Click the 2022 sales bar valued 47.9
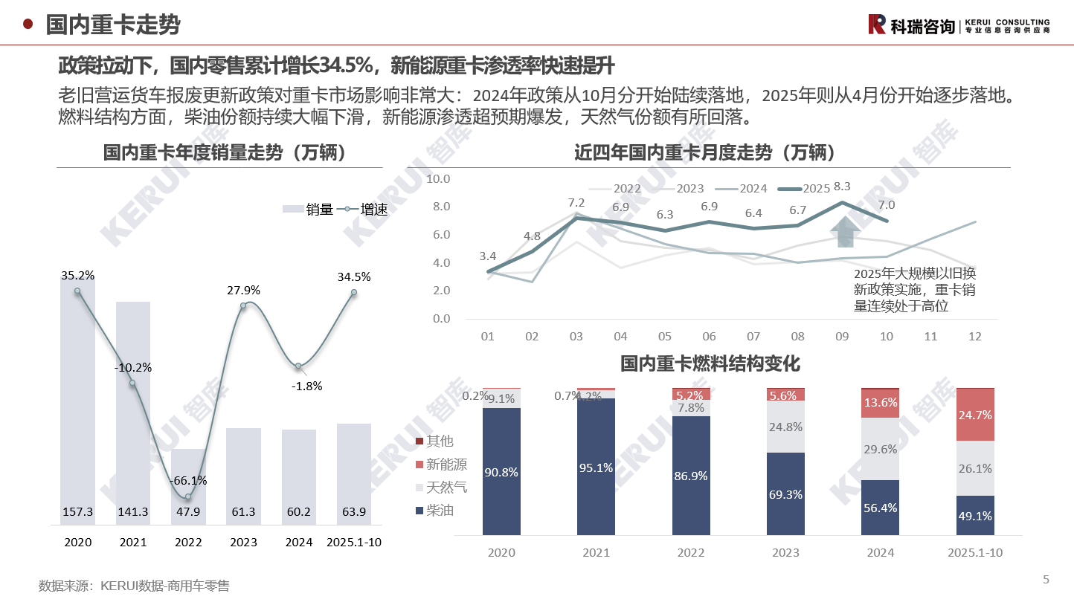click(188, 487)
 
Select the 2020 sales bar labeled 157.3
click(77, 409)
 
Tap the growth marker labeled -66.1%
click(188, 496)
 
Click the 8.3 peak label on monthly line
click(843, 187)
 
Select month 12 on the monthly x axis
click(974, 337)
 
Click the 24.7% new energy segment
click(975, 415)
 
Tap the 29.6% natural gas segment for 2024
click(880, 449)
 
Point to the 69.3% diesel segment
click(785, 494)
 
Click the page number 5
click(1046, 580)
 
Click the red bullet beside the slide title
click(28, 25)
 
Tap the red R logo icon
click(878, 25)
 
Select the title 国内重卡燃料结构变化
click(710, 364)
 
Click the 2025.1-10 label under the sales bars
click(354, 543)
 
